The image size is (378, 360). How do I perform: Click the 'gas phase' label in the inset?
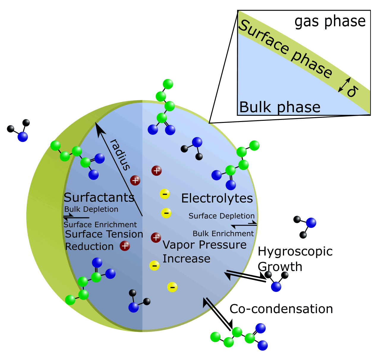(x=330, y=21)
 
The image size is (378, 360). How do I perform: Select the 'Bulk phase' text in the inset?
(x=280, y=107)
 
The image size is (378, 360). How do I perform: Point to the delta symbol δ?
(x=352, y=91)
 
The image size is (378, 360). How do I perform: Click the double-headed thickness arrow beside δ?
(x=345, y=85)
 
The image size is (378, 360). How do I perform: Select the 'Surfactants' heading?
(x=99, y=197)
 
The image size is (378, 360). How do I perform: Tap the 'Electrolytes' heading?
(x=217, y=198)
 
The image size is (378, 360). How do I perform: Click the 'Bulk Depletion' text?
(x=91, y=209)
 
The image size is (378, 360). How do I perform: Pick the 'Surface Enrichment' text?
(x=100, y=225)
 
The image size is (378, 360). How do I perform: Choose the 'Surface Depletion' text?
(x=221, y=216)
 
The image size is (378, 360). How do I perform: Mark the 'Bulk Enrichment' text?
(x=223, y=234)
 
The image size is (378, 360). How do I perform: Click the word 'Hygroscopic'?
(x=295, y=252)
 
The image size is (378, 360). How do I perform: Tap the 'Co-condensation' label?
(x=281, y=309)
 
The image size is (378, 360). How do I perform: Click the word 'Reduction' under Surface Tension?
(x=89, y=247)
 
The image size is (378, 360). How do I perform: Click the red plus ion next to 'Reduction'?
(x=125, y=246)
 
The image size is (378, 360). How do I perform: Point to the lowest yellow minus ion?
(x=172, y=287)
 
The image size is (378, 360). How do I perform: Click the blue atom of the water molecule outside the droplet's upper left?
(x=23, y=137)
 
